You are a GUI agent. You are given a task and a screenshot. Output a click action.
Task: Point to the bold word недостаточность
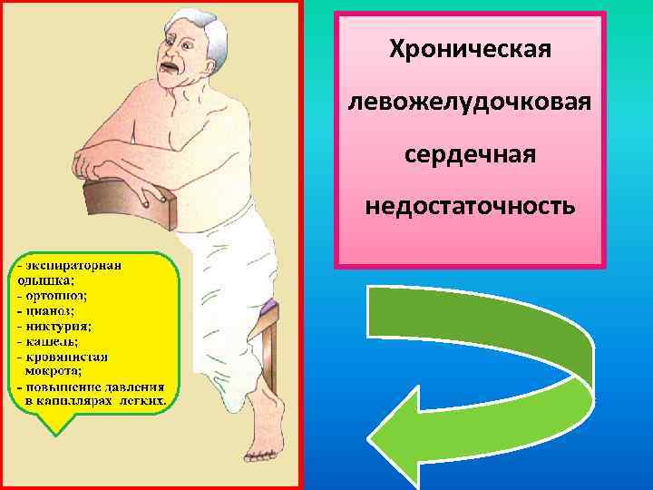click(470, 206)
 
